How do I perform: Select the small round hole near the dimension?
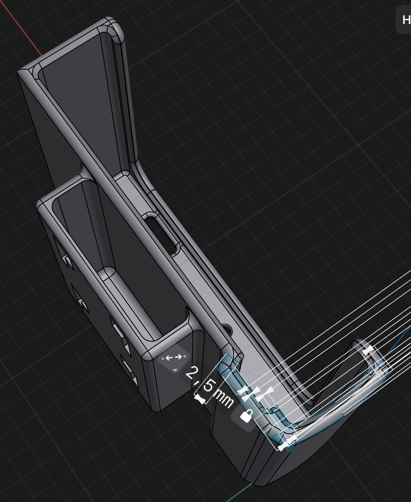pyautogui.click(x=227, y=330)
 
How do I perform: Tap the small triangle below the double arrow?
pyautogui.click(x=175, y=370)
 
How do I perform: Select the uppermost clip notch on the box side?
pyautogui.click(x=65, y=259)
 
